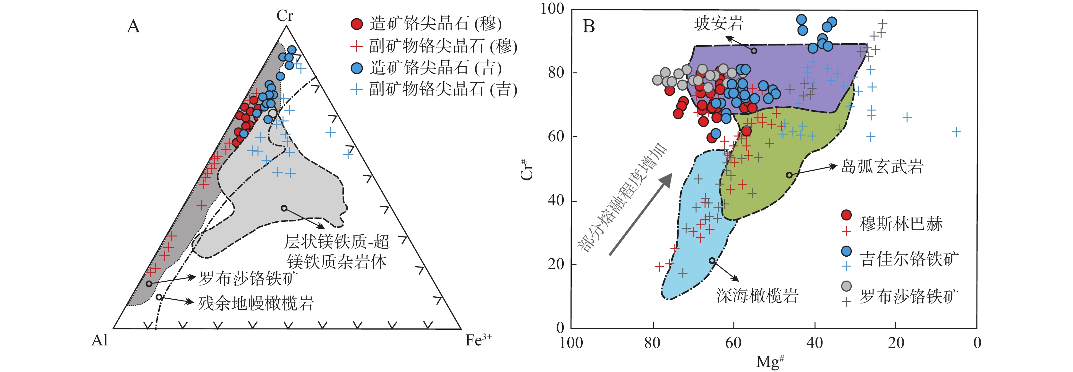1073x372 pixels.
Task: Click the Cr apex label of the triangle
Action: [x=285, y=16]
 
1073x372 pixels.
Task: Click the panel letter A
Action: [x=133, y=26]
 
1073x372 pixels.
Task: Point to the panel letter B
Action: [x=588, y=26]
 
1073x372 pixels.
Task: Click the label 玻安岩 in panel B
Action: [x=719, y=23]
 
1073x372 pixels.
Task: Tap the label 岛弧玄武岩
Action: [x=882, y=166]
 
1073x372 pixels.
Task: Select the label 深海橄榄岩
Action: [x=757, y=295]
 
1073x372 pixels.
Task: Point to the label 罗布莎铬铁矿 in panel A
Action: [x=248, y=278]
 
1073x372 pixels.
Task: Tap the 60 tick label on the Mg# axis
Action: [x=733, y=343]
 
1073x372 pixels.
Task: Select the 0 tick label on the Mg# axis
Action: [x=977, y=343]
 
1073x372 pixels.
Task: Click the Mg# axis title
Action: [x=771, y=361]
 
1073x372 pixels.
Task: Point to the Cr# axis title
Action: [x=527, y=169]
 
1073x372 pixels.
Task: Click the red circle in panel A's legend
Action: [x=357, y=24]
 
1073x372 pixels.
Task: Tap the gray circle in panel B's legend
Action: [x=846, y=286]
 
